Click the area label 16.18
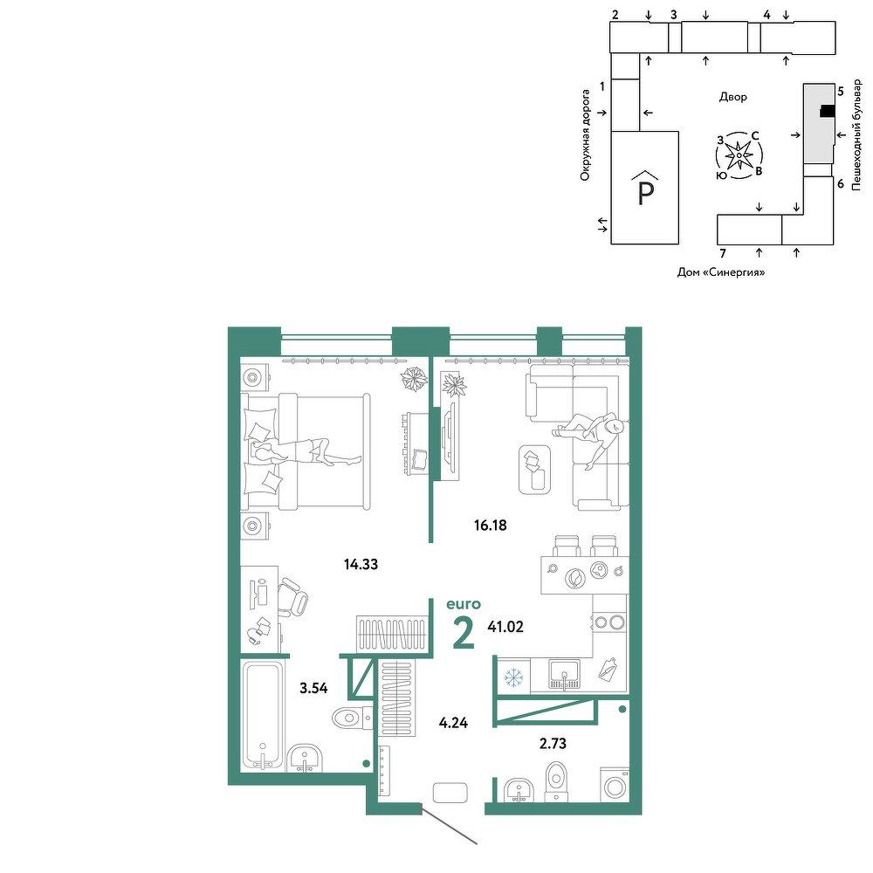pos(490,525)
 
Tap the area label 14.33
pos(361,564)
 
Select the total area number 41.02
pos(505,627)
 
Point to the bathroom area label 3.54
pos(313,688)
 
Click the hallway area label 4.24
pos(453,723)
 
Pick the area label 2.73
pos(553,743)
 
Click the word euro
pos(464,604)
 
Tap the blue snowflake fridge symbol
pos(513,677)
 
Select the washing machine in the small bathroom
pos(615,785)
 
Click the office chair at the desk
pos(292,597)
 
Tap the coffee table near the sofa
pos(534,470)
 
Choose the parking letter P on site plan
pos(645,194)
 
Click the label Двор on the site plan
pos(733,97)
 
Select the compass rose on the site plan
pos(739,155)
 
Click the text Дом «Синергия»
pos(721,272)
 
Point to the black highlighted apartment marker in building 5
pos(827,112)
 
